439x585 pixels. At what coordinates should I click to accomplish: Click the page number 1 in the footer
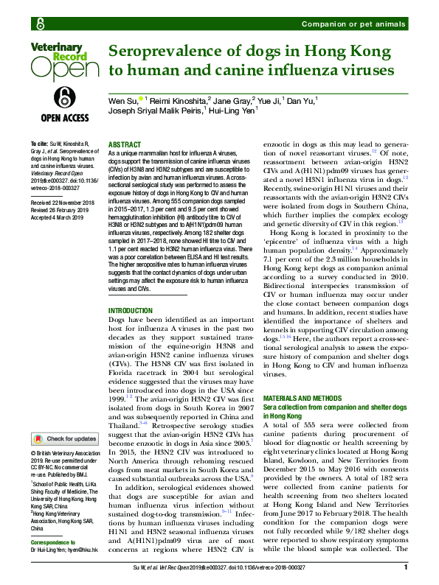pyautogui.click(x=406, y=568)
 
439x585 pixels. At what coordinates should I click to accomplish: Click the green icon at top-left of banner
pyautogui.click(x=36, y=24)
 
